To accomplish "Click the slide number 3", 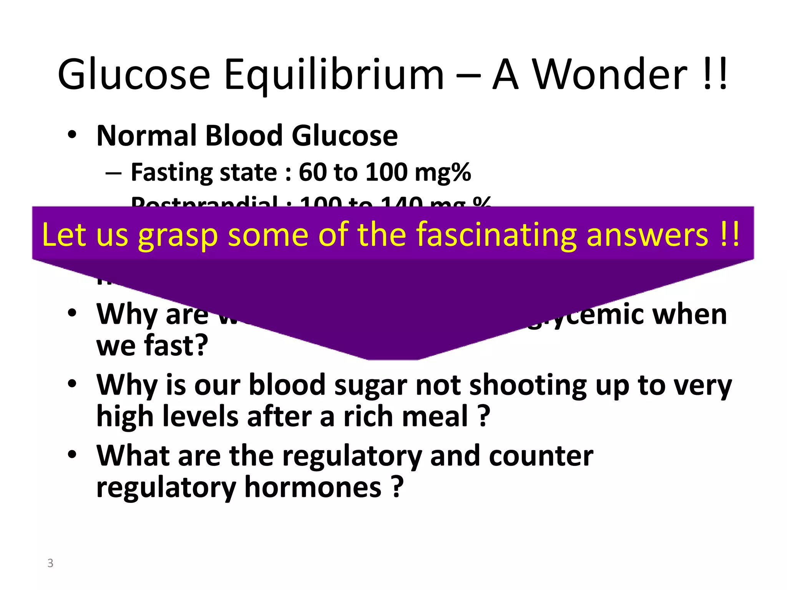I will [50, 563].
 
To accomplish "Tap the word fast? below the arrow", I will [176, 346].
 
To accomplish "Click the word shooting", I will [528, 385].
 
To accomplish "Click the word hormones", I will [313, 487].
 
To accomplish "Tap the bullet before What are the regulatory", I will [72, 455].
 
